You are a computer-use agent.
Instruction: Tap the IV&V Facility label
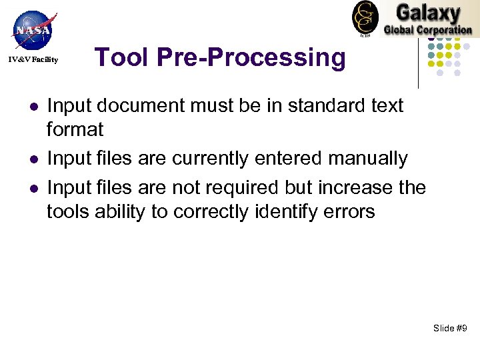pos(33,60)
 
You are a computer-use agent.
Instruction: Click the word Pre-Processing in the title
pos(252,58)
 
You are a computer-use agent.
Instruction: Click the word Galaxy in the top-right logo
pos(427,13)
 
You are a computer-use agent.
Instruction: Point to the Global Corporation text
pos(427,29)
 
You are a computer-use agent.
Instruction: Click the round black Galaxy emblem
pos(365,17)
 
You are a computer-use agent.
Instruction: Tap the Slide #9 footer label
pos(450,328)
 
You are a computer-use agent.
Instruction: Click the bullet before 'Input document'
pos(31,106)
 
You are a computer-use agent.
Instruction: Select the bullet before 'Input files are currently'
pos(31,159)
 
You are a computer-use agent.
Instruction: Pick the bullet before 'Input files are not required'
pos(31,188)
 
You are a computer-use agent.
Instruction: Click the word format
pos(75,129)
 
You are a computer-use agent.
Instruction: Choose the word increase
pos(356,188)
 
